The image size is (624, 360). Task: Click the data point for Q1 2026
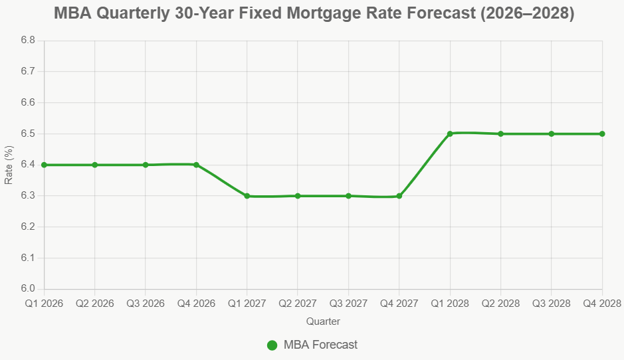(x=45, y=165)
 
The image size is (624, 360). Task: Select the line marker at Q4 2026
(x=197, y=165)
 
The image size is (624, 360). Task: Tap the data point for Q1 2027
(x=247, y=196)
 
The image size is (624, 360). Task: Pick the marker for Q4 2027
(x=399, y=196)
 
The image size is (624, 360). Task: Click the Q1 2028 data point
(x=450, y=134)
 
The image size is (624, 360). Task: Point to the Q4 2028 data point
(x=602, y=134)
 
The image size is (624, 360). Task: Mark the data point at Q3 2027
(x=348, y=196)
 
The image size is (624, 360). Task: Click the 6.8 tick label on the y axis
(x=27, y=41)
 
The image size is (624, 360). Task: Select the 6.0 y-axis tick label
(x=27, y=289)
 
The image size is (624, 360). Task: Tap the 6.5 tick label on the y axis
(x=27, y=134)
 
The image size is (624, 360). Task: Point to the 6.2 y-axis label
(x=27, y=227)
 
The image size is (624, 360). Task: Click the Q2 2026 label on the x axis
(x=95, y=304)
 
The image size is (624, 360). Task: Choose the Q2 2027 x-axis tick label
(x=298, y=304)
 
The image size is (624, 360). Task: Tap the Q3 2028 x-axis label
(x=551, y=304)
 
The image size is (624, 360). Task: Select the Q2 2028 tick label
(x=500, y=304)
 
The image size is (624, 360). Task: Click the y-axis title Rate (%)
(x=9, y=165)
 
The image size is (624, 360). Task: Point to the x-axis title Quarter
(x=323, y=321)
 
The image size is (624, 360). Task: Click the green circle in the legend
(x=272, y=345)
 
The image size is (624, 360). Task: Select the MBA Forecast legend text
(x=320, y=345)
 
